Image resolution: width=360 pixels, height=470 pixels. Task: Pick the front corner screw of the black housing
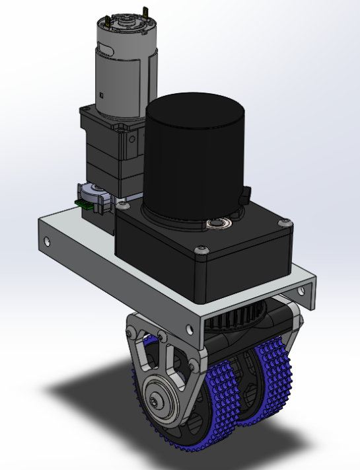click(x=201, y=250)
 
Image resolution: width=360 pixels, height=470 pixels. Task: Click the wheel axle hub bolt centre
click(x=156, y=401)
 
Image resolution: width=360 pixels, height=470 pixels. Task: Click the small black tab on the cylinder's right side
click(x=246, y=195)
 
